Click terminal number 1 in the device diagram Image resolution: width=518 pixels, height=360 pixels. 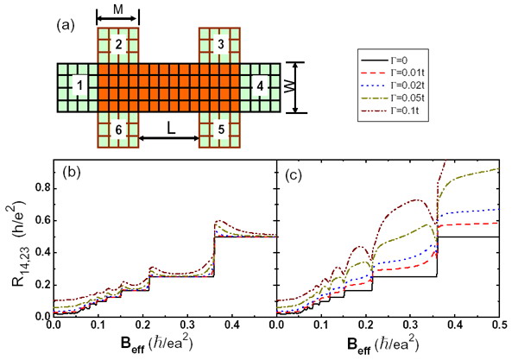[x=79, y=87]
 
